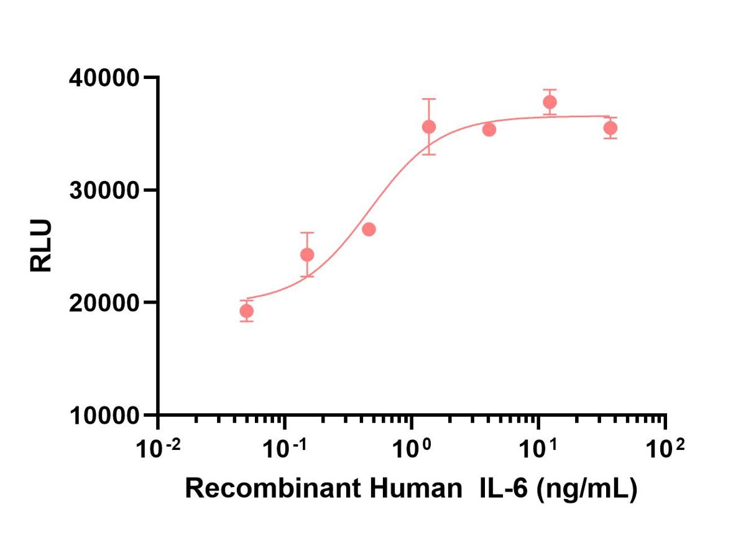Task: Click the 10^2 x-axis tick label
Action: [665, 449]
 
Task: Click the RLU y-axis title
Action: [41, 246]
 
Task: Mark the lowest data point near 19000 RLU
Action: [247, 311]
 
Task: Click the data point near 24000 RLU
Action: [307, 254]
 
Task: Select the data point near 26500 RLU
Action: [369, 229]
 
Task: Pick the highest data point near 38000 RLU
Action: [550, 102]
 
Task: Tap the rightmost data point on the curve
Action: [610, 128]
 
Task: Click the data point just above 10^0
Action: [429, 127]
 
